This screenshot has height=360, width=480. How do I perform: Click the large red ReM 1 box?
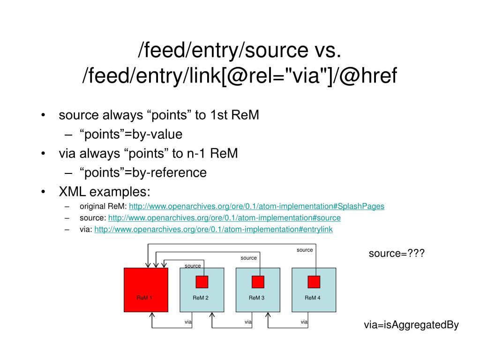[146, 290]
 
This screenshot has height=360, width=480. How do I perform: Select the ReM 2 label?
[200, 298]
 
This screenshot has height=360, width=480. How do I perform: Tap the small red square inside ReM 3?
[258, 282]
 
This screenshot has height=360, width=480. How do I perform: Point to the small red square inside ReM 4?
[314, 282]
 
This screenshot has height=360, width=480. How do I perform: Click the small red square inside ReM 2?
[202, 282]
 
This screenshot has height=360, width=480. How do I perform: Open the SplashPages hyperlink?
[256, 206]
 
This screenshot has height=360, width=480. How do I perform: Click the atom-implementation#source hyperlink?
[224, 218]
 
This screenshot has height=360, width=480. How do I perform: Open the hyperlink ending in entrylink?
[213, 230]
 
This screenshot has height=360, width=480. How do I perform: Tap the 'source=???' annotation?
[396, 254]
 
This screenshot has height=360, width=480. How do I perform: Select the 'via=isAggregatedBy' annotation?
[411, 325]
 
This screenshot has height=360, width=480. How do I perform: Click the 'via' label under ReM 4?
[304, 322]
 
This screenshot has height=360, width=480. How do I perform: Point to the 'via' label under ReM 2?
[188, 322]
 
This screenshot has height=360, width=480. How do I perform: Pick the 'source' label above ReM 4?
[305, 250]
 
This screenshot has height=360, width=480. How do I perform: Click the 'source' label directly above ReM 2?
[193, 266]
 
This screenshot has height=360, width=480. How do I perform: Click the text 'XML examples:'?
[105, 192]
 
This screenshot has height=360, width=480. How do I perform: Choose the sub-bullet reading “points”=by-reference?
[143, 172]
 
